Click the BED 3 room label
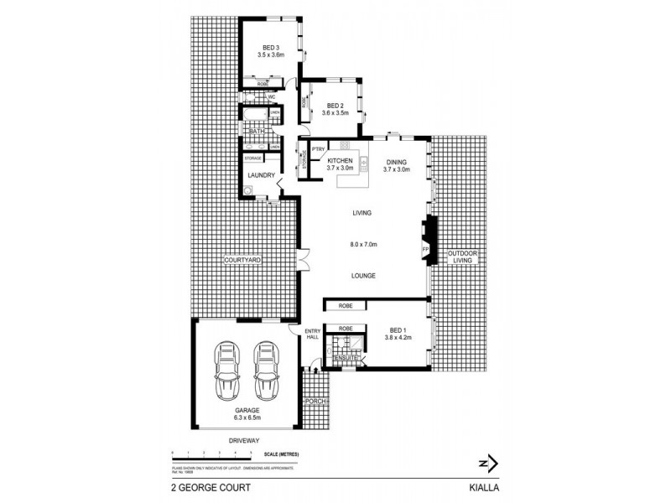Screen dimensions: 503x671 pyautogui.click(x=269, y=48)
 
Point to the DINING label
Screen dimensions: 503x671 pyautogui.click(x=396, y=162)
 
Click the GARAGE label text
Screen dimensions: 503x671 pyautogui.click(x=247, y=410)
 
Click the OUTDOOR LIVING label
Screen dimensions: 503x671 pyautogui.click(x=460, y=257)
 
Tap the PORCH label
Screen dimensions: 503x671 pyautogui.click(x=315, y=401)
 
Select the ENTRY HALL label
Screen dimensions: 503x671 pyautogui.click(x=311, y=333)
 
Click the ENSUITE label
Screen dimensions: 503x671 pyautogui.click(x=346, y=359)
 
